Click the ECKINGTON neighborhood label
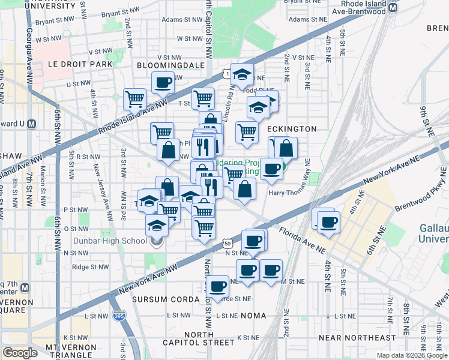292,129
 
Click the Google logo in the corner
20,353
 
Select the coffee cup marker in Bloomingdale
163,82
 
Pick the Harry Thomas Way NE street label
289,193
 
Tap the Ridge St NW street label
90,267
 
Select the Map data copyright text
412,355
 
